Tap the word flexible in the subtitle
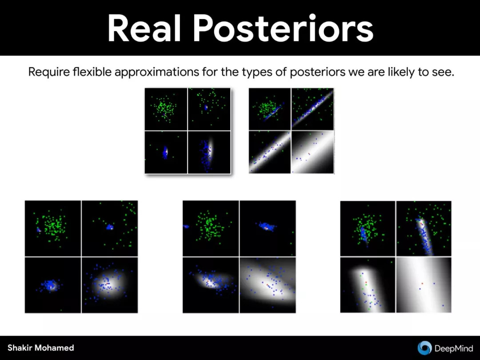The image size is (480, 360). click(x=92, y=72)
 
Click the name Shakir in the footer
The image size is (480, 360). click(x=19, y=348)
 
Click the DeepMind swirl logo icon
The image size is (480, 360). click(x=424, y=348)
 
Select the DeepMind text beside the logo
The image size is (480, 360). click(x=454, y=348)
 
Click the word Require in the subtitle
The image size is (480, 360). click(x=49, y=72)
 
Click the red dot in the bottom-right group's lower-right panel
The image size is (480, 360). click(x=423, y=284)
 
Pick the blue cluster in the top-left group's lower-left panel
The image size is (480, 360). click(x=165, y=152)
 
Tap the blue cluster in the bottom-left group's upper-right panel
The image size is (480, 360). click(x=109, y=227)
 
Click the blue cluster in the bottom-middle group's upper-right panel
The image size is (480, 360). click(x=266, y=227)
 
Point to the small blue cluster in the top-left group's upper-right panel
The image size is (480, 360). click(x=206, y=107)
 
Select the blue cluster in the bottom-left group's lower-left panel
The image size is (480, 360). click(x=50, y=285)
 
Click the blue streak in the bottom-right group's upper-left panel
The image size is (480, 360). click(x=364, y=234)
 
